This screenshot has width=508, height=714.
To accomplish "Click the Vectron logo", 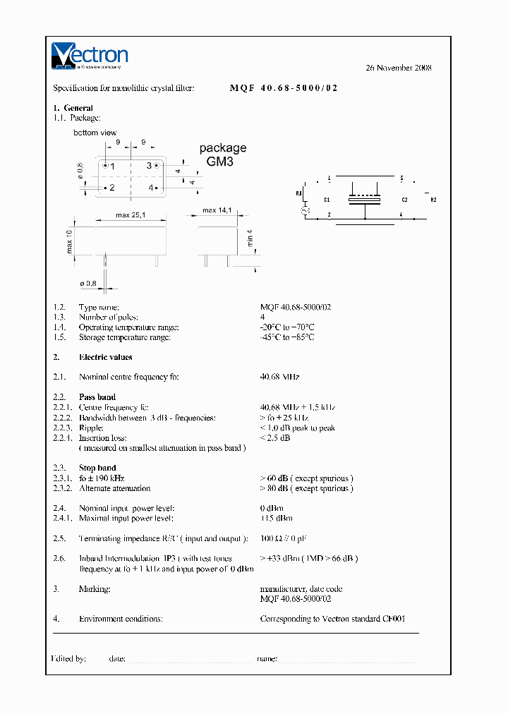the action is (x=90, y=56).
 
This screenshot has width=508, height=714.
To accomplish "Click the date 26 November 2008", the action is (x=398, y=68).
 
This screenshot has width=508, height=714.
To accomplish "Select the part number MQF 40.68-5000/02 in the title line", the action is (x=284, y=88).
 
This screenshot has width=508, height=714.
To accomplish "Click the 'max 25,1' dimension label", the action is (x=130, y=215).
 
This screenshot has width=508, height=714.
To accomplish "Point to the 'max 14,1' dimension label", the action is (x=217, y=210).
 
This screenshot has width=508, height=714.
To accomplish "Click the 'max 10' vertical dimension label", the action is (x=70, y=242).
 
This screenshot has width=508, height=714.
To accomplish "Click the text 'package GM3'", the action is (x=222, y=155).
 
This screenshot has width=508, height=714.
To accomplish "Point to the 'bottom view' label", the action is (x=95, y=133).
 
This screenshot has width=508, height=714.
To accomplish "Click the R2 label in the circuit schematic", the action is (x=433, y=200).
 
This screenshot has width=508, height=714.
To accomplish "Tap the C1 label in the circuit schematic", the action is (x=327, y=200).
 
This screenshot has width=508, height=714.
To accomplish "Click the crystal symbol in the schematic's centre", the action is (x=364, y=200).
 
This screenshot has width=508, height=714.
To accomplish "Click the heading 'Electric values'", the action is (x=105, y=357).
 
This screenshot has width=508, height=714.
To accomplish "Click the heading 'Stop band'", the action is (x=97, y=468).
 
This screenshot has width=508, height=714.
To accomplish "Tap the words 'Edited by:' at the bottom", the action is (x=69, y=658).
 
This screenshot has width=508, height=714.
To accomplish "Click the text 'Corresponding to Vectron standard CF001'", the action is (x=332, y=619).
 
